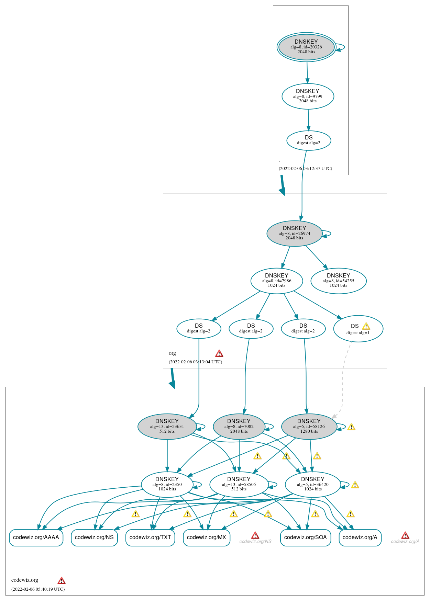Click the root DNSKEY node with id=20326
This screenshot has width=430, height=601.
pos(306,47)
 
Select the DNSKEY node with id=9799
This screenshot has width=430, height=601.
pos(308,96)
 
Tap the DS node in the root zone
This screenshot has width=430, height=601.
pos(309,140)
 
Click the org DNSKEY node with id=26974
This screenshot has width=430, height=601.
pos(294,233)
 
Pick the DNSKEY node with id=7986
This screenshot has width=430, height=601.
pos(277,281)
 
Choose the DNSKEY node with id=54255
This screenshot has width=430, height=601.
pos(338,281)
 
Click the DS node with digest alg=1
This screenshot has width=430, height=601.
pos(358,329)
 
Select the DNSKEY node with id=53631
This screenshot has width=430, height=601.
pos(167,426)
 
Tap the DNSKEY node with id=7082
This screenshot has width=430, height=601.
pos(239,426)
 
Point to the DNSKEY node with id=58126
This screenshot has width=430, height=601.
pos(309,426)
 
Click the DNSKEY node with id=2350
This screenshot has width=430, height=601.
pos(167,484)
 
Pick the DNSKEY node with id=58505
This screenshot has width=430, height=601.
pos(239,484)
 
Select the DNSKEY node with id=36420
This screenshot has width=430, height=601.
pos(312,484)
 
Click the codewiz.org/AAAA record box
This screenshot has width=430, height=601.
pos(36,537)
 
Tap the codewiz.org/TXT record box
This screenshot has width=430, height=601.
pos(150,537)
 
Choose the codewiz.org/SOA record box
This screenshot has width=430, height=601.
pos(306,537)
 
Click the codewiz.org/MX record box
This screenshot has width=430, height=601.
pos(207,537)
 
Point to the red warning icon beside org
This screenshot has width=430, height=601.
pos(219,353)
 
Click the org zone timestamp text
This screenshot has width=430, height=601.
pos(195,362)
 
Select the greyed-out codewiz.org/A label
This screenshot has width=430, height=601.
pos(405,542)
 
